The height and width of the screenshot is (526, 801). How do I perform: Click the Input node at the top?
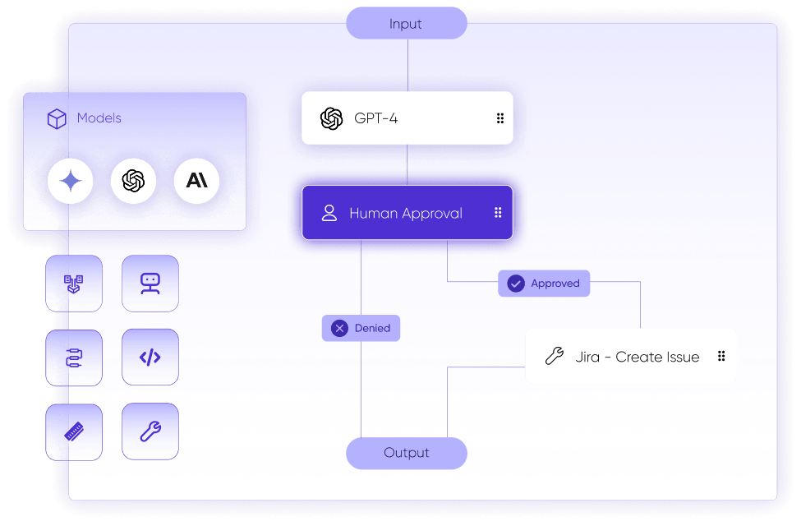(x=406, y=23)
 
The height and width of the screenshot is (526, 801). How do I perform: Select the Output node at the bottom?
(x=406, y=453)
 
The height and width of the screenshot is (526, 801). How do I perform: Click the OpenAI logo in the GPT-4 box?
(x=332, y=118)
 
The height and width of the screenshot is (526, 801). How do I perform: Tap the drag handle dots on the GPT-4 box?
(x=500, y=118)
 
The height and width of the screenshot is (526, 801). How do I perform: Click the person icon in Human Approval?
(x=329, y=213)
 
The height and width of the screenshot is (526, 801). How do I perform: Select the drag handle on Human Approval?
(x=498, y=213)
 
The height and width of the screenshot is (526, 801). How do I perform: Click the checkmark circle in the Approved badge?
(x=516, y=284)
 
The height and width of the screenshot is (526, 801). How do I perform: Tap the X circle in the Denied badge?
(x=340, y=328)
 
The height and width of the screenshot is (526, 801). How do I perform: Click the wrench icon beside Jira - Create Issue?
(x=555, y=356)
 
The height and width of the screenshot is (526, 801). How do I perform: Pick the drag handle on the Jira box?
(x=721, y=356)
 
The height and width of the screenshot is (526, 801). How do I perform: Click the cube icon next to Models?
(x=57, y=118)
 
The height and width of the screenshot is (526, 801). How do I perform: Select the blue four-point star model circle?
(x=71, y=181)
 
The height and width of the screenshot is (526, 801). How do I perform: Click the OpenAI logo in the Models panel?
(x=133, y=181)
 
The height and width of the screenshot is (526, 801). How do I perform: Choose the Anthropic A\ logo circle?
(x=196, y=181)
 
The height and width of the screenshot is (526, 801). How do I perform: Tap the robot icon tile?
(x=150, y=284)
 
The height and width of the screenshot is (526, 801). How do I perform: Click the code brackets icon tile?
(x=150, y=358)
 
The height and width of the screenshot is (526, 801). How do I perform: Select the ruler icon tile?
(x=74, y=432)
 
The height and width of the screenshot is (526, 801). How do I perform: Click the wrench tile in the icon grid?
(x=150, y=431)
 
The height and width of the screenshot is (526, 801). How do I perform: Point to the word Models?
(x=99, y=118)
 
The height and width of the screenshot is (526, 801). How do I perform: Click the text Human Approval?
(x=406, y=213)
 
